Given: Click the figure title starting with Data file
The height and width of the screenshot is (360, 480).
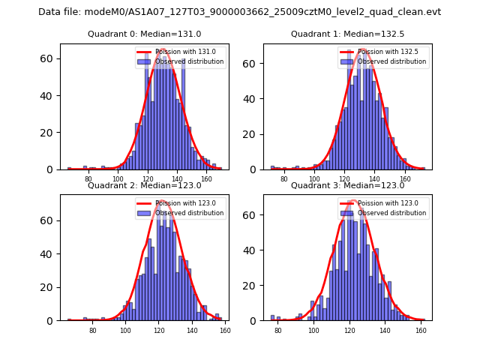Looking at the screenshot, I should coord(239,12).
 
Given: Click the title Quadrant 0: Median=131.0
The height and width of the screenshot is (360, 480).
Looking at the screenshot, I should coord(145,34).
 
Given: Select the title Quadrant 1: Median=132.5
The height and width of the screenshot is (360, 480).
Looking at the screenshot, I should coord(347,34).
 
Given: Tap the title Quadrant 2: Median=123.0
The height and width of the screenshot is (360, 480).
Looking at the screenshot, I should coord(145,185).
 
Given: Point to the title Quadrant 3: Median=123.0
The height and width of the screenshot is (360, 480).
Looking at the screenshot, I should coord(347,185).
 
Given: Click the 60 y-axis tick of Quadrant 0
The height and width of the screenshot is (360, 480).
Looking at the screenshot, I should coord(49,58).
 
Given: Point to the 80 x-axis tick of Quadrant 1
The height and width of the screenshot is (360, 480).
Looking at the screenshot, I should coord(284,179).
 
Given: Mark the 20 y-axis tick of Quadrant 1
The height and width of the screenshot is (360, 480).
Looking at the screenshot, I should coord(251,133).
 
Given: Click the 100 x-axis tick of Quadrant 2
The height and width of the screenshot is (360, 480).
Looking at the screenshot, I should coord(125,331).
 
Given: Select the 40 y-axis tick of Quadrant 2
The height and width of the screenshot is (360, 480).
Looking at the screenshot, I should coord(49,253).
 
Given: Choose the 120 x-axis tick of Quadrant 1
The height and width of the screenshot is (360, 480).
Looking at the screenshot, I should coord(345,179).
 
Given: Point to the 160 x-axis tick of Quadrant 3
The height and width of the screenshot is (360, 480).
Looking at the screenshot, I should coord(421,331).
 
